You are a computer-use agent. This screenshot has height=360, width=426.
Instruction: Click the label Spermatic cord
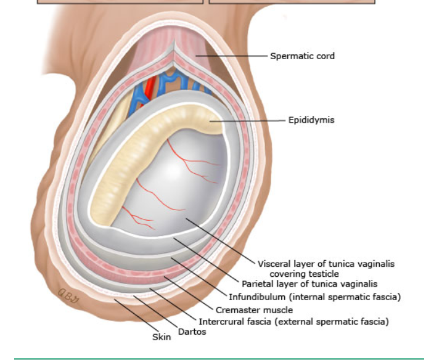302,56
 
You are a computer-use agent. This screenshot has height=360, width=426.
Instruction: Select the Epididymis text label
311,120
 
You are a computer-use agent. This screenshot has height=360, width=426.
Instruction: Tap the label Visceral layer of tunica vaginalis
326,264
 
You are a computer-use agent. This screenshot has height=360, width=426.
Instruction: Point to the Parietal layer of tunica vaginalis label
309,284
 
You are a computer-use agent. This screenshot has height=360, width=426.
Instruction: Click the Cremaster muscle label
254,310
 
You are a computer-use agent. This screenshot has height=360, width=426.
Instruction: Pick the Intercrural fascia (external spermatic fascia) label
293,322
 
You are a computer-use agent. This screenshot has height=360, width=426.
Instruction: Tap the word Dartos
192,332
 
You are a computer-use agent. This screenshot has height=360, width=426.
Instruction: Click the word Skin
162,337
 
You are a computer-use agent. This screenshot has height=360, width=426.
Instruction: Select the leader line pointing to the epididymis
247,120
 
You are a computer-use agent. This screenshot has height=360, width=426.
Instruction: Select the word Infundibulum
250,297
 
